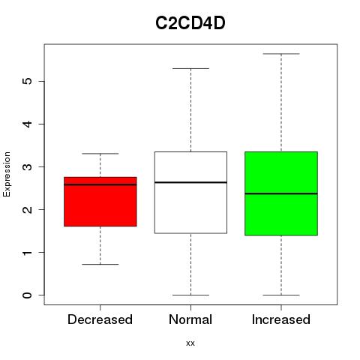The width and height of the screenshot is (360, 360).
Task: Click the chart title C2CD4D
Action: click(x=190, y=23)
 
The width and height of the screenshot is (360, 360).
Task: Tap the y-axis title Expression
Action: click(x=7, y=174)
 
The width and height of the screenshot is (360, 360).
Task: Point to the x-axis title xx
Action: click(x=190, y=343)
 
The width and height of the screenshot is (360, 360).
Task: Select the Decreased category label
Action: click(x=100, y=319)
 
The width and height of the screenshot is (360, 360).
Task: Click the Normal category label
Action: click(x=190, y=319)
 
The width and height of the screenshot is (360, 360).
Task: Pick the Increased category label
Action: click(x=281, y=319)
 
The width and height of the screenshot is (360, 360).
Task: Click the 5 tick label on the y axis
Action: click(x=28, y=81)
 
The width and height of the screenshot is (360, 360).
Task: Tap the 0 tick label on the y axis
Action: click(x=28, y=295)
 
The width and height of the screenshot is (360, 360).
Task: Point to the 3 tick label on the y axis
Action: click(x=28, y=166)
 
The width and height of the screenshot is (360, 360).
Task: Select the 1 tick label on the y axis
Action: click(x=28, y=252)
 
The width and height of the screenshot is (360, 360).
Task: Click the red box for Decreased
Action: click(x=100, y=202)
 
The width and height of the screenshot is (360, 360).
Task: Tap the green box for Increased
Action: click(x=281, y=193)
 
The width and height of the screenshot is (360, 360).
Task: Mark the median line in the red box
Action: click(x=100, y=184)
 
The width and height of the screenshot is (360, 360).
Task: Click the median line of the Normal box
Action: click(x=190, y=182)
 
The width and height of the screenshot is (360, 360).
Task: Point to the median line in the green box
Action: click(x=281, y=193)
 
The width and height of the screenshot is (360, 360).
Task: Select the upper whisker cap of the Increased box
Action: click(x=281, y=54)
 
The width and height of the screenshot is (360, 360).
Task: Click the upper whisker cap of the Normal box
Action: click(x=190, y=68)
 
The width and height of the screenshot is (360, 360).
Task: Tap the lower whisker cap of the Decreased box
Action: click(x=100, y=264)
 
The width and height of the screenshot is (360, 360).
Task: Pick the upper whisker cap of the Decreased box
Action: click(x=100, y=154)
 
